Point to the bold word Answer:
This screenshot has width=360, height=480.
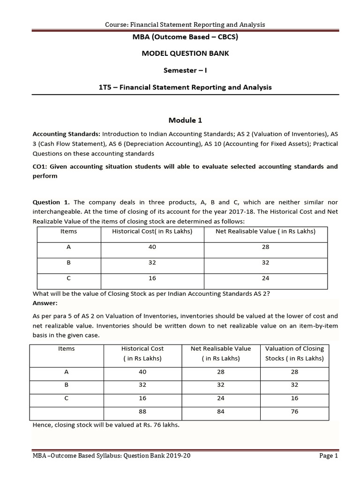click(x=45, y=303)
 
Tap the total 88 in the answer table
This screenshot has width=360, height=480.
click(x=142, y=412)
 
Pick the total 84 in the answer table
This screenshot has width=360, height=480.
click(x=220, y=412)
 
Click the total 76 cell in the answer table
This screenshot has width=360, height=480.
click(x=294, y=412)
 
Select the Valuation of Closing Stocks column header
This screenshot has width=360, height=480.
click(x=294, y=353)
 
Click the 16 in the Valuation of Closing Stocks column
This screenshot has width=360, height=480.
click(x=294, y=398)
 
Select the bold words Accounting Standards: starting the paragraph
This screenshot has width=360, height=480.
click(x=66, y=133)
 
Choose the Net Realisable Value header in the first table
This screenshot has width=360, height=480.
click(x=265, y=231)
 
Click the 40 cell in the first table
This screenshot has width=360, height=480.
click(x=152, y=247)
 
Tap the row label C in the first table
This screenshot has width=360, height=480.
click(x=69, y=278)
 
